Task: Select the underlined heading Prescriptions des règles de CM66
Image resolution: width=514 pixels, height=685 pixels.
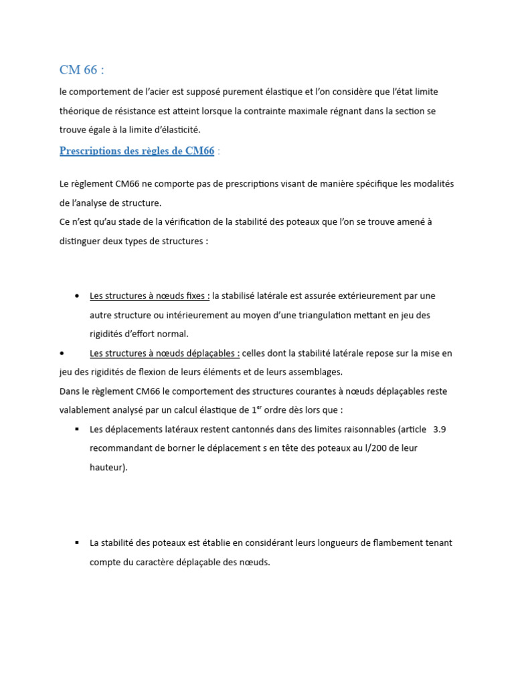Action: (137, 151)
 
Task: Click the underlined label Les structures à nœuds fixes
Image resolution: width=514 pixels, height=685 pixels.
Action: (149, 296)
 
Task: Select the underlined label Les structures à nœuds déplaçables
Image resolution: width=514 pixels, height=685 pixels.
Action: (164, 353)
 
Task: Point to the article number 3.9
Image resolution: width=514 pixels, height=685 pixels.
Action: (440, 429)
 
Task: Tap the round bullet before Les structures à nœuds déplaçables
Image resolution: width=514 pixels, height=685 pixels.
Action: (62, 353)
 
